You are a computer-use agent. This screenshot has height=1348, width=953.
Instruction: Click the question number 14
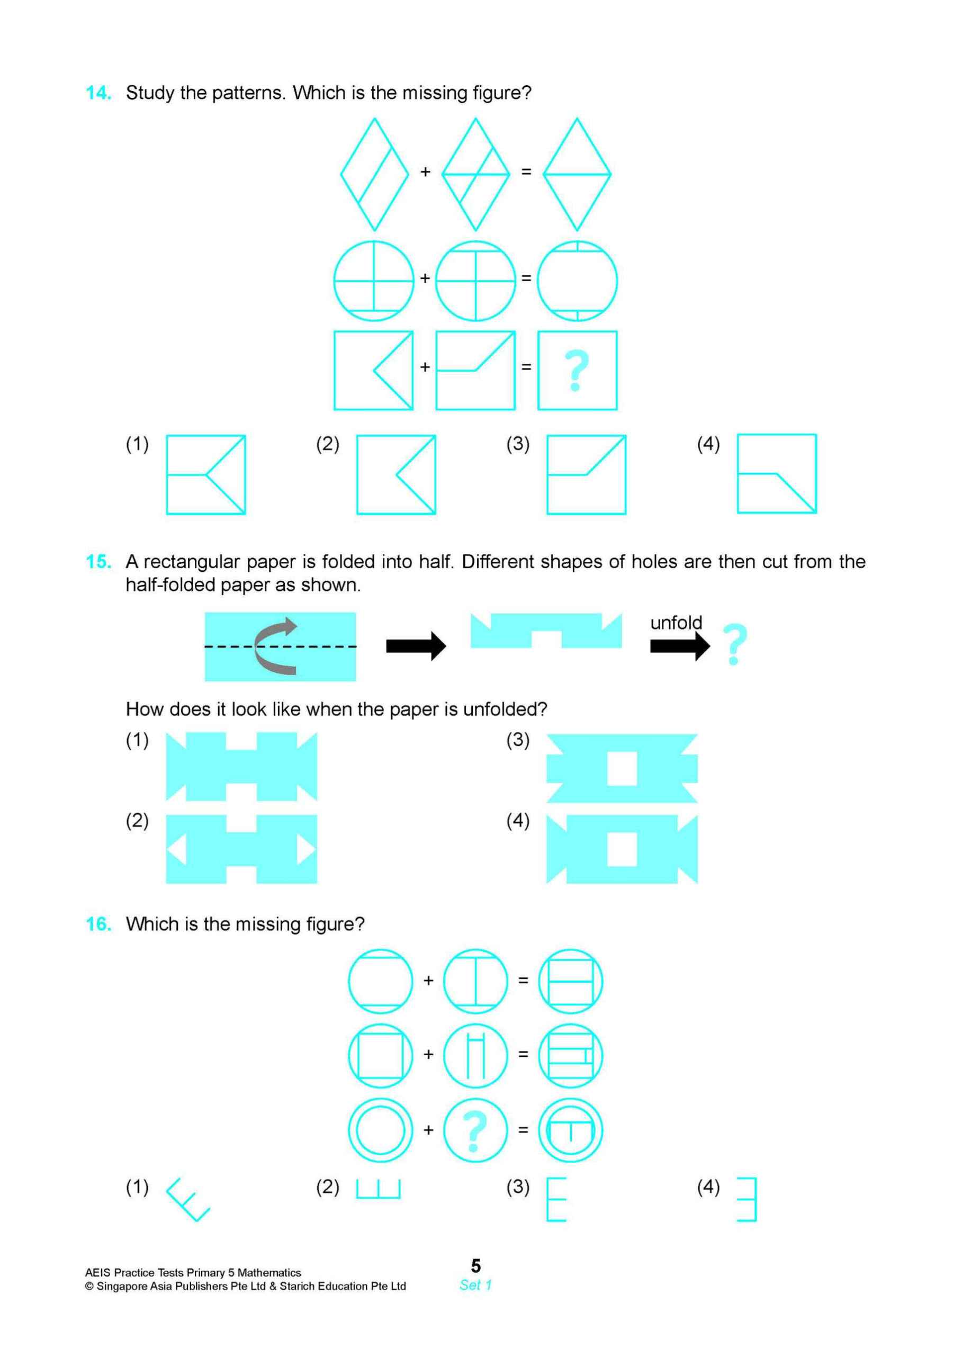(98, 93)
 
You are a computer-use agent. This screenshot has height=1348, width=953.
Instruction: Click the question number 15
(98, 562)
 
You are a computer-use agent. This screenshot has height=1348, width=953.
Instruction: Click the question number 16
(98, 924)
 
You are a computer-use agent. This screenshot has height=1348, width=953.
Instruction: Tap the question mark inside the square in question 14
(577, 371)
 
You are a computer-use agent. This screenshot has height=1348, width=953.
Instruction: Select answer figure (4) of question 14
(776, 474)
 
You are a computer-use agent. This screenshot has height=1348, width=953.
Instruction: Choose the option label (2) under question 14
(328, 444)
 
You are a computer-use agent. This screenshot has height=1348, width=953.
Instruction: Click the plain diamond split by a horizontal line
(577, 174)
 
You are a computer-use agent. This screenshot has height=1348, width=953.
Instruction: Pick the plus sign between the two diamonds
(425, 172)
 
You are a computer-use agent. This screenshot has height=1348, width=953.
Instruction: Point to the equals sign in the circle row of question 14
(526, 278)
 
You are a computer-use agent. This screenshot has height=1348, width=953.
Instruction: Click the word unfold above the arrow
(676, 623)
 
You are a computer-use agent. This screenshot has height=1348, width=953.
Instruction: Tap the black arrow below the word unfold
(679, 646)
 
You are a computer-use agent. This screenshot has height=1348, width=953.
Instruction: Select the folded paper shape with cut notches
(546, 631)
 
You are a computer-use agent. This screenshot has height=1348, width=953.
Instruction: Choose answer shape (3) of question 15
(622, 768)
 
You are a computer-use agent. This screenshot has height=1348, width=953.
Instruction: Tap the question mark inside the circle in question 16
(474, 1130)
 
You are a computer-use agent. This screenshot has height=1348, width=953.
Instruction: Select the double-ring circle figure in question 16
(380, 1130)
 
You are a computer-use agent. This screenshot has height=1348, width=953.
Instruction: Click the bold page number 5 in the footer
(475, 1265)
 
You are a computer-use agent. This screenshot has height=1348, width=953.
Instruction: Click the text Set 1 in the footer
(475, 1285)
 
